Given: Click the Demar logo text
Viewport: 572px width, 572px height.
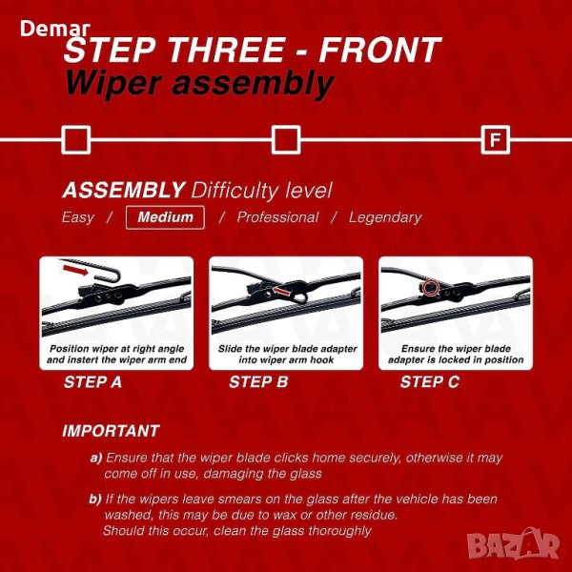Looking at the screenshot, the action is (55, 29).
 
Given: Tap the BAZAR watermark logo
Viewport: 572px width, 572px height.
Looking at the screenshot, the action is (513, 544).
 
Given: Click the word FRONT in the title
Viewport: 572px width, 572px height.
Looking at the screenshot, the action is (379, 50).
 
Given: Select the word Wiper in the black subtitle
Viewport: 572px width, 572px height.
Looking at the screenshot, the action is (113, 84).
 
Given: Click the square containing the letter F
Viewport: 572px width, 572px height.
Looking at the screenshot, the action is (495, 140).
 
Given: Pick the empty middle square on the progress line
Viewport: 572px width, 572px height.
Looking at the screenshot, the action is (286, 140).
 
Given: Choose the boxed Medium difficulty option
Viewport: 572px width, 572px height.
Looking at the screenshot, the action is (165, 217).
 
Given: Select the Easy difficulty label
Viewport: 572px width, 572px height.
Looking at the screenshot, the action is (78, 217).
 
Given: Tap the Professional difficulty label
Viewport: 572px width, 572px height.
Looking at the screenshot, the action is (277, 217).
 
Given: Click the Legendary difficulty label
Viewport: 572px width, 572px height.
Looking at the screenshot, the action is (385, 217).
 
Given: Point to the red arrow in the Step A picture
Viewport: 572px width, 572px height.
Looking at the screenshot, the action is (75, 270).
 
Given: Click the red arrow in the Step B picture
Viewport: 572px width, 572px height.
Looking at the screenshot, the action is (282, 291).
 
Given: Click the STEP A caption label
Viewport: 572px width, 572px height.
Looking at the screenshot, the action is (92, 382).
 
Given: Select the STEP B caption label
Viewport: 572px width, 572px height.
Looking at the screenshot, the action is (258, 382).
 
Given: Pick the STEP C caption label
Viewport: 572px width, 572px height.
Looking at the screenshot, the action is (429, 382).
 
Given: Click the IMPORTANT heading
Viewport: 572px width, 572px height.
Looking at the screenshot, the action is (111, 431).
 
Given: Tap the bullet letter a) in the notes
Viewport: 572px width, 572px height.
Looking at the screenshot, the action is (96, 458).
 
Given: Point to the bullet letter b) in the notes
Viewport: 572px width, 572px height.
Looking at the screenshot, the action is (95, 499).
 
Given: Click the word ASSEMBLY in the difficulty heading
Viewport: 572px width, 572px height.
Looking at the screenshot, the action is (124, 190).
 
